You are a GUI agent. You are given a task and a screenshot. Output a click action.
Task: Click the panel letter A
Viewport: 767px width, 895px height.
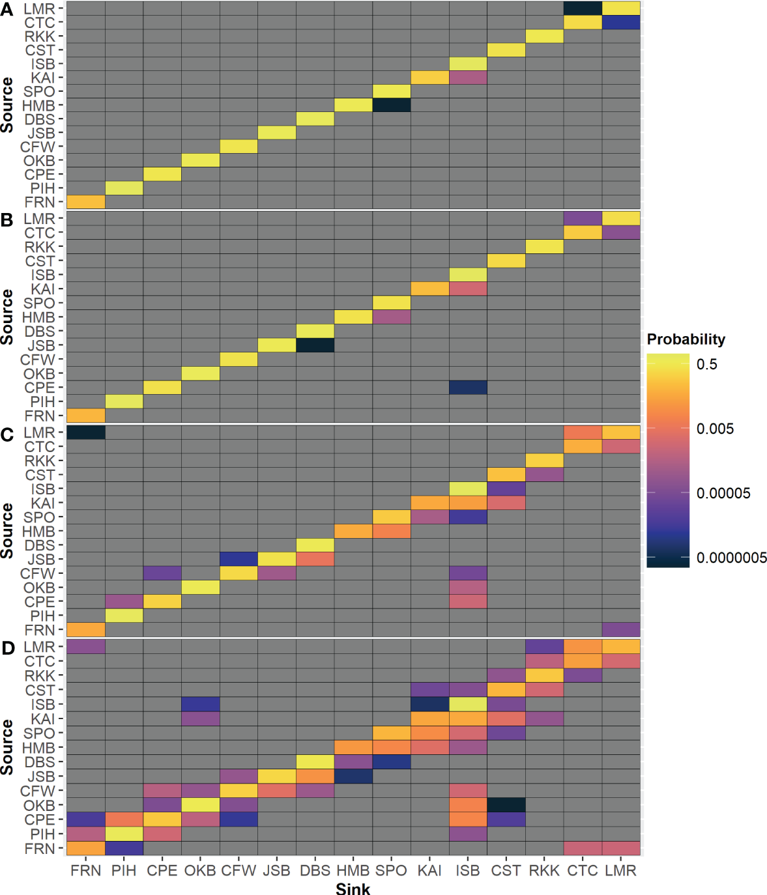[x=7, y=9]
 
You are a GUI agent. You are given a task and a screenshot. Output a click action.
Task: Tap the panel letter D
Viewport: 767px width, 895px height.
[x=8, y=647]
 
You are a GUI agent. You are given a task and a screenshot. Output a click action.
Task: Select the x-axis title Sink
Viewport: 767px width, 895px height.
[x=353, y=888]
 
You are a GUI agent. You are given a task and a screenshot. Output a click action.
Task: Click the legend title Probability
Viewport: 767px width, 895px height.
[x=686, y=339]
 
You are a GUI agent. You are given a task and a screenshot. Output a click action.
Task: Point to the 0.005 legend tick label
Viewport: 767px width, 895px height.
[x=715, y=429]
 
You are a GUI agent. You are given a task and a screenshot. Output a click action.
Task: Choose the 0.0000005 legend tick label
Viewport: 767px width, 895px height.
[x=731, y=558]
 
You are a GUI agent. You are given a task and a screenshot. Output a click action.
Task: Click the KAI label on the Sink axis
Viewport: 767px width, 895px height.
[x=429, y=870]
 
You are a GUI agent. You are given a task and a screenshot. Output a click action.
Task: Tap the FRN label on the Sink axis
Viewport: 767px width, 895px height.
[x=86, y=870]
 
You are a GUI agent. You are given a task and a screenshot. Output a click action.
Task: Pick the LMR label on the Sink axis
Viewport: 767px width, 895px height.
[x=620, y=870]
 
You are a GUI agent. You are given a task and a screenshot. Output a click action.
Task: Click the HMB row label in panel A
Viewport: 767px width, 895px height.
[x=38, y=106]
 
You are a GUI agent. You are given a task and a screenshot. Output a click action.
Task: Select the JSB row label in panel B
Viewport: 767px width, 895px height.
[x=41, y=345]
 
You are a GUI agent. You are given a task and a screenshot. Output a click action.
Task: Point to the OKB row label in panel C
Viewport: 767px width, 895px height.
[x=39, y=588]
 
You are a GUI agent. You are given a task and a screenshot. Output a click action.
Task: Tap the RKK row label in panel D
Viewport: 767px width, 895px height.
[x=40, y=675]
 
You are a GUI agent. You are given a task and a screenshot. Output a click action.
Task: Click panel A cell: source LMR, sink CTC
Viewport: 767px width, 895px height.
[x=583, y=8]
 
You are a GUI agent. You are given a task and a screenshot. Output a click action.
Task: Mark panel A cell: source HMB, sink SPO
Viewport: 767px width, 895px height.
[x=392, y=105]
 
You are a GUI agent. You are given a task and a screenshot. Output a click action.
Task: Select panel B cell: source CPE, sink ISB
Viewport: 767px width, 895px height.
[x=468, y=388]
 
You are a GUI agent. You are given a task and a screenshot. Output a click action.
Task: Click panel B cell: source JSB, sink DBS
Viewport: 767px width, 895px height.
[x=315, y=345]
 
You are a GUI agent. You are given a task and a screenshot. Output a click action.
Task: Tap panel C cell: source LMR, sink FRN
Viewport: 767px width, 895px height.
[x=86, y=433]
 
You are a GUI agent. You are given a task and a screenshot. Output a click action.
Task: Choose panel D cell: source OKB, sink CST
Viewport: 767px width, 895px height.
[x=506, y=805]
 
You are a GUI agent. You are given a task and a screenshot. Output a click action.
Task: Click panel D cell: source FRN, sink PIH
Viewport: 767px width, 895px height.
[x=124, y=848]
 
